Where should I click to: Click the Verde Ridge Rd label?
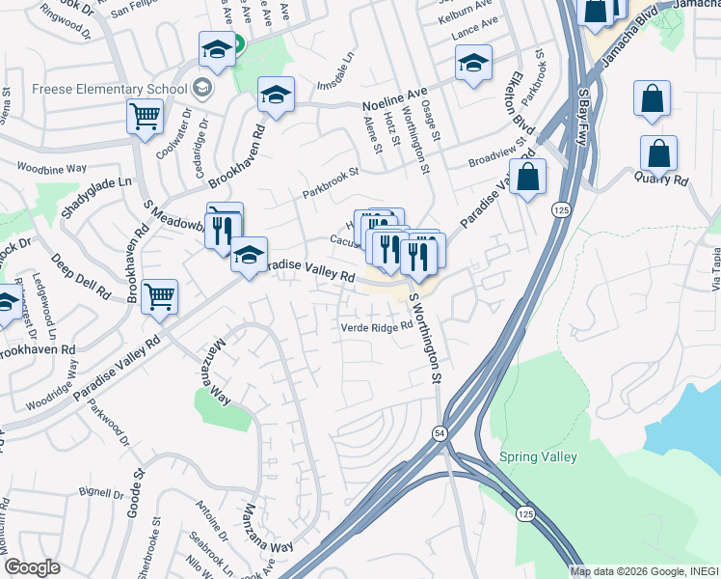pos(370,326)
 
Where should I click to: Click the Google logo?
pos(33,566)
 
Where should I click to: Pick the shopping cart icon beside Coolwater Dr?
pos(145,117)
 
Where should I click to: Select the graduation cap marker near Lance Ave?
pos(472,64)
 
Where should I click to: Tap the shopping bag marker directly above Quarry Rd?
pos(658,153)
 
